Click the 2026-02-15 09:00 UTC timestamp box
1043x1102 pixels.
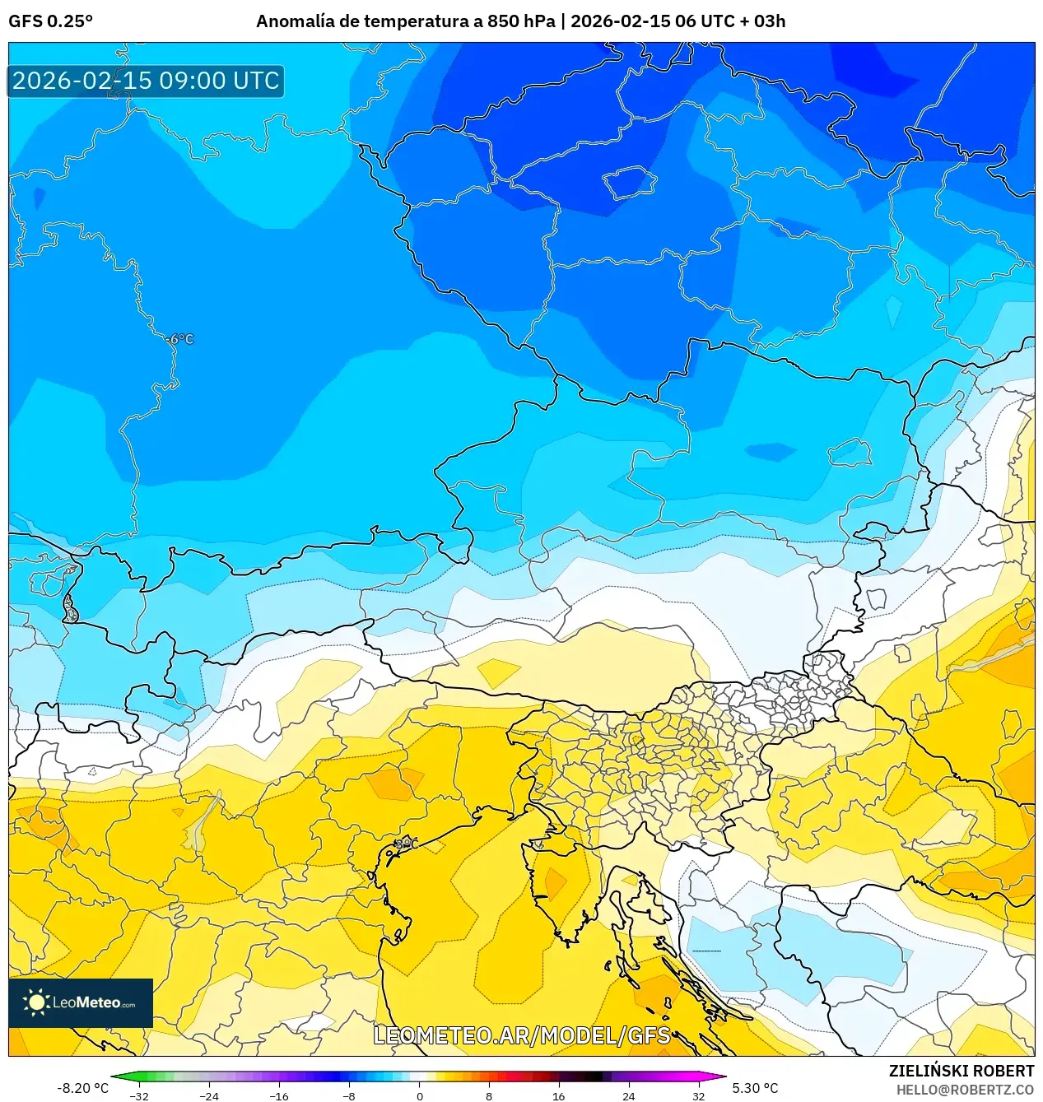pyautogui.click(x=146, y=81)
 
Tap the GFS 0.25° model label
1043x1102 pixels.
pyautogui.click(x=50, y=21)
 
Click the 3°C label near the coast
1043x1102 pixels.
pyautogui.click(x=406, y=844)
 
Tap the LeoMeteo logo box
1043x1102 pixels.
pyautogui.click(x=81, y=1002)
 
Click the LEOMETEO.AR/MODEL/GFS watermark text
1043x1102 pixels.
pyautogui.click(x=522, y=1035)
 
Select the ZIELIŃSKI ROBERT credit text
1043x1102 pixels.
pyautogui.click(x=961, y=1071)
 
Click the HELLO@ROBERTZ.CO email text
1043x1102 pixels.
pyautogui.click(x=965, y=1090)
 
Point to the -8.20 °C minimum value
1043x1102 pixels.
pyautogui.click(x=82, y=1088)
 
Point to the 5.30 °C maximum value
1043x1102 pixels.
pyautogui.click(x=755, y=1088)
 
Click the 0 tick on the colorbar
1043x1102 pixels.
pyautogui.click(x=419, y=1095)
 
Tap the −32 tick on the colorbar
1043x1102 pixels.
pyautogui.click(x=139, y=1095)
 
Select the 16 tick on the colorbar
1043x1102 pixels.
pyautogui.click(x=558, y=1095)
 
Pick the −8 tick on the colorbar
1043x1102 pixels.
pyautogui.click(x=349, y=1095)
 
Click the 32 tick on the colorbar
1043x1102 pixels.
pyautogui.click(x=698, y=1095)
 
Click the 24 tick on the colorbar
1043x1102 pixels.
pyautogui.click(x=628, y=1095)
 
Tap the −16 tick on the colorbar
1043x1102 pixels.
pyautogui.click(x=279, y=1095)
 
